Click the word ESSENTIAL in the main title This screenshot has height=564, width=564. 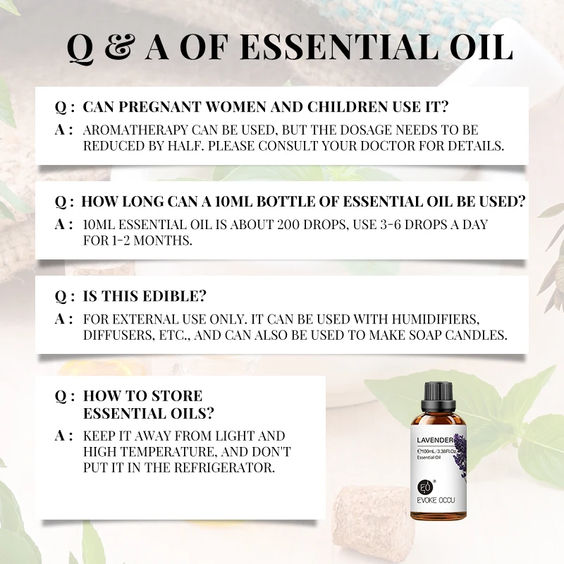336,47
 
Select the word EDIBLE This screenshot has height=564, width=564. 176,296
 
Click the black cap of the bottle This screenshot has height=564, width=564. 439,395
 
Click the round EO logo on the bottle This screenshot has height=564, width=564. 424,487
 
